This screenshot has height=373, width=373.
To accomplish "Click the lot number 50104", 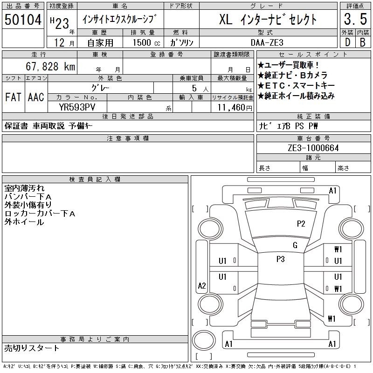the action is pyautogui.click(x=23, y=20).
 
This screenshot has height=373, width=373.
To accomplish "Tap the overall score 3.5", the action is pyautogui.click(x=355, y=19).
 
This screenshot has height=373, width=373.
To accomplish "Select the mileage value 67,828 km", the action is pyautogui.click(x=50, y=66).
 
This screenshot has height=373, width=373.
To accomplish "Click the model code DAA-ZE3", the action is pyautogui.click(x=267, y=42).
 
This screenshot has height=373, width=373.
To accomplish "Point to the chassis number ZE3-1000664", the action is pyautogui.click(x=313, y=148).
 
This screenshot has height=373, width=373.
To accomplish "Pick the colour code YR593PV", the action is pyautogui.click(x=77, y=107).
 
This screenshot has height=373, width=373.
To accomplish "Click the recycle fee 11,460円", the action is pyautogui.click(x=235, y=108).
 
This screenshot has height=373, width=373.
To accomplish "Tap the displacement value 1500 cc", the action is pyautogui.click(x=146, y=42).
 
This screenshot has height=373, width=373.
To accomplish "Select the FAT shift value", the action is pyautogui.click(x=14, y=97).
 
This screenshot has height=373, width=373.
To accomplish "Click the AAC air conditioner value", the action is pyautogui.click(x=36, y=97).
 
